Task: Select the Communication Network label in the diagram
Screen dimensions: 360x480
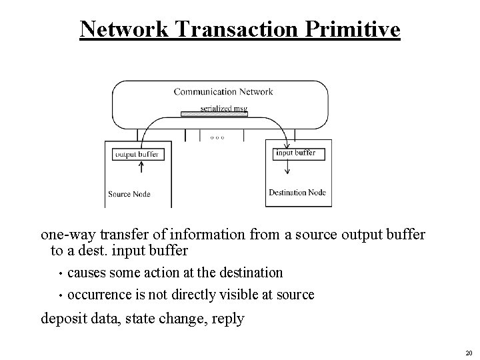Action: tap(223, 92)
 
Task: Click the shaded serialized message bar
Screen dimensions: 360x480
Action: tap(214, 114)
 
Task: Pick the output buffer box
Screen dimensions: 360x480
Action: tap(137, 154)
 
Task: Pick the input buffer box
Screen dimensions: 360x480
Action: tap(295, 153)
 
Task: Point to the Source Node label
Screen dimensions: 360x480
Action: tap(129, 195)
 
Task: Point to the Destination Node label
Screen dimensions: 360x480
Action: tap(297, 193)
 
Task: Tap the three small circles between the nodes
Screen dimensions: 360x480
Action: tap(217, 137)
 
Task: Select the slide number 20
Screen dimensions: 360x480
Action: tap(468, 353)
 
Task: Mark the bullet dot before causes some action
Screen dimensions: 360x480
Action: tap(60, 273)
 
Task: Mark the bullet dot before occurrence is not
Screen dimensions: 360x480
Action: tap(60, 295)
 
